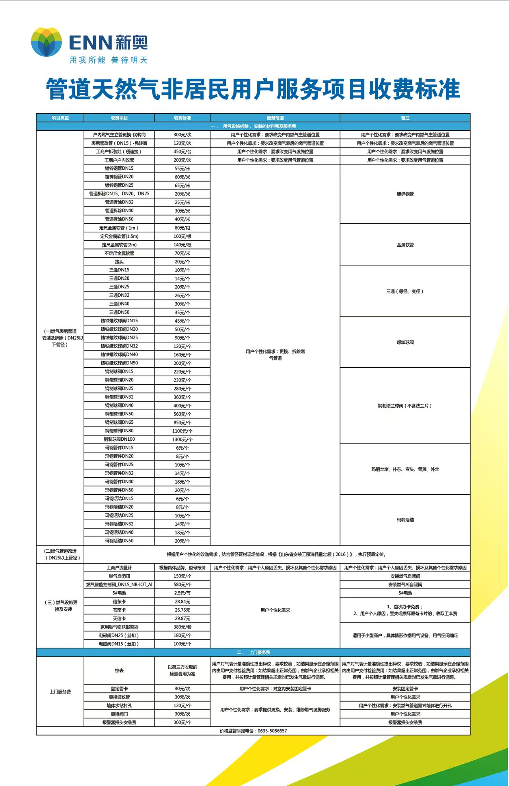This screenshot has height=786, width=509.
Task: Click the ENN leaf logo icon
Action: pyautogui.click(x=47, y=42)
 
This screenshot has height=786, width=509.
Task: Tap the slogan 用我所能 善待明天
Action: pyautogui.click(x=108, y=60)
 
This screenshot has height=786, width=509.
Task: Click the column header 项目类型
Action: pyautogui.click(x=60, y=118)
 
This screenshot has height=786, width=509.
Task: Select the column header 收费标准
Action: pyautogui.click(x=182, y=118)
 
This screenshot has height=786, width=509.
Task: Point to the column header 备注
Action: pyautogui.click(x=405, y=118)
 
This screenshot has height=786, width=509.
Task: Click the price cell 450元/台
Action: pyautogui.click(x=182, y=152)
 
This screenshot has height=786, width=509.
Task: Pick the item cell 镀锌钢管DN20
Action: pyautogui.click(x=119, y=177)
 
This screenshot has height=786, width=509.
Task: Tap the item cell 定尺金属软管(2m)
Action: pyautogui.click(x=119, y=245)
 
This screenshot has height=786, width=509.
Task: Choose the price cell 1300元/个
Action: pyautogui.click(x=182, y=439)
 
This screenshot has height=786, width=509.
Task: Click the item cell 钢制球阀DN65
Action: pyautogui.click(x=119, y=422)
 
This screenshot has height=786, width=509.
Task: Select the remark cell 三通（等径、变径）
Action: pyautogui.click(x=405, y=291)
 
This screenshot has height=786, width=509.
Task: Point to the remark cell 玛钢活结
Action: pyautogui.click(x=405, y=520)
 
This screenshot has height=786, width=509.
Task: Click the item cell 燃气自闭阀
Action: pyautogui.click(x=119, y=576)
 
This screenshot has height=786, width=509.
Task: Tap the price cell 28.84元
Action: pyautogui.click(x=182, y=602)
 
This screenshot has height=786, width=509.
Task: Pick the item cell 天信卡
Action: pyautogui.click(x=119, y=619)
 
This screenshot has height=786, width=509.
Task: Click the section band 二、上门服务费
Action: pyautogui.click(x=253, y=652)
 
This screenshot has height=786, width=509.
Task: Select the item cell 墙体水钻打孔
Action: pyautogui.click(x=119, y=706)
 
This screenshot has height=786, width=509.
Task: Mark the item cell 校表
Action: pyautogui.click(x=119, y=671)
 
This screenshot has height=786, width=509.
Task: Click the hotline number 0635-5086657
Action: pyautogui.click(x=272, y=731)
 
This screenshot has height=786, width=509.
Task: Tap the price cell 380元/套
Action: pyautogui.click(x=182, y=627)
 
